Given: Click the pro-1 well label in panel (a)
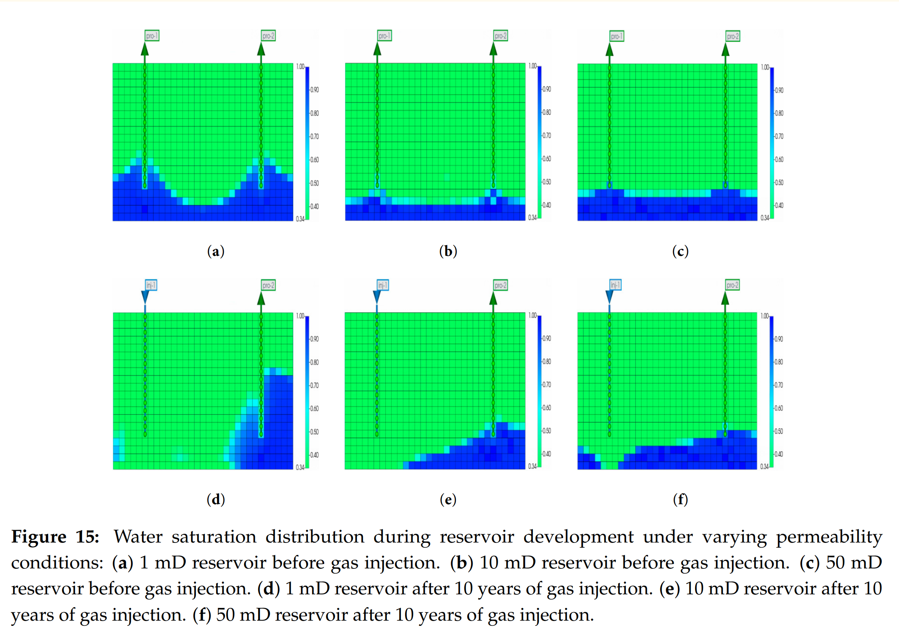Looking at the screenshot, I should coord(152,36).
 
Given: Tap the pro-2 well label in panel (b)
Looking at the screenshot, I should coord(500,36).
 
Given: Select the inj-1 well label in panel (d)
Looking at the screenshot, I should coord(151,285).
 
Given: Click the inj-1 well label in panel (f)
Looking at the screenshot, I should coord(615,285).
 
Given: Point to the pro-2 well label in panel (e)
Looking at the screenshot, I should coord(500,285).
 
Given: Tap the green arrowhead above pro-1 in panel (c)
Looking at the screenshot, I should coord(609,50).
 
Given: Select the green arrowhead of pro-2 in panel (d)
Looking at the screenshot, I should coord(261,299).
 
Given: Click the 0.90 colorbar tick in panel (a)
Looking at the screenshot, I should coord(314,90).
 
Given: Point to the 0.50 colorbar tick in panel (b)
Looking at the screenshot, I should coord(546,182).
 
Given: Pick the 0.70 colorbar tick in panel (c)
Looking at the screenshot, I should coord(779,136).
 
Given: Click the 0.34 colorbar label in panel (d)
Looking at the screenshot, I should coord(300,467).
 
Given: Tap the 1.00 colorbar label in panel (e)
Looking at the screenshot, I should coord(532,315).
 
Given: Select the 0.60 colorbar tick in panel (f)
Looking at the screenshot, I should coord(778,408).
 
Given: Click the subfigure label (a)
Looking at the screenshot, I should coord(216,252).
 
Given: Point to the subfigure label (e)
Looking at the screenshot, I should coord(448,499).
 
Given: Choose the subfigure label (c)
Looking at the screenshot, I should coord(680,252).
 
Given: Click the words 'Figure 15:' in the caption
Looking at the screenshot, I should coord(55,537).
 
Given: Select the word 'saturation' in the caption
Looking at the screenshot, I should coord(214,537).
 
